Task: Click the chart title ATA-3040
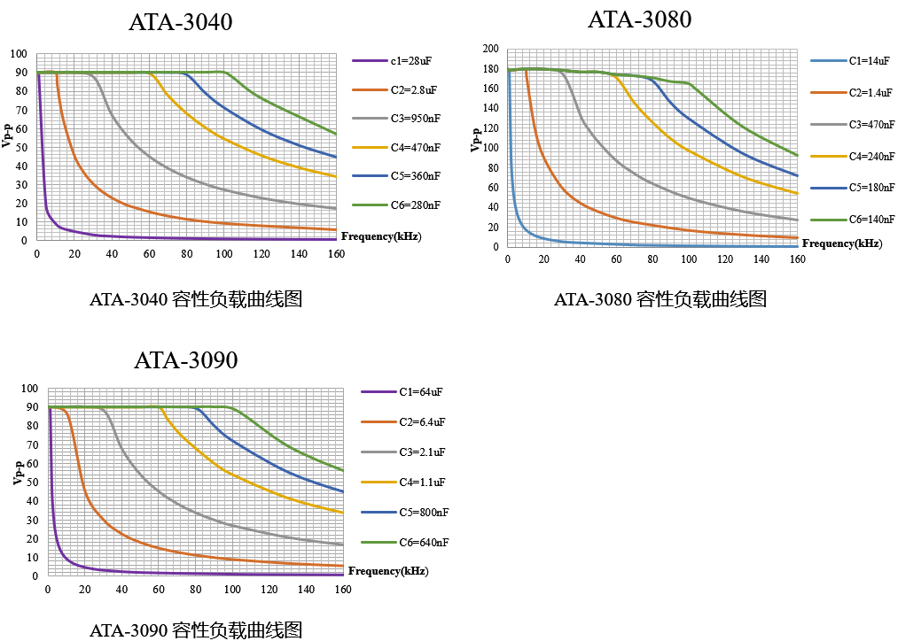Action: (x=180, y=23)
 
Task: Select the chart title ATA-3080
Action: (x=639, y=19)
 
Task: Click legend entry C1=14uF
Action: (x=869, y=61)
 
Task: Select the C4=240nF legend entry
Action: (x=872, y=156)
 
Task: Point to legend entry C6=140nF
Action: (x=872, y=219)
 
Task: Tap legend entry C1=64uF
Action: (x=421, y=391)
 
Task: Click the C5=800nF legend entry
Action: (x=423, y=512)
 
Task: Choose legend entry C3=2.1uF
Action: (x=422, y=452)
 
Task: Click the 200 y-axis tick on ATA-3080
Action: (x=490, y=49)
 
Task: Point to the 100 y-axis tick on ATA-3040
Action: (x=19, y=54)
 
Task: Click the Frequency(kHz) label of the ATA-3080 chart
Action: (x=842, y=243)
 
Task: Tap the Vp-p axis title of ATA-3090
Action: (x=18, y=473)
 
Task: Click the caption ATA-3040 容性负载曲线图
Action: (x=196, y=299)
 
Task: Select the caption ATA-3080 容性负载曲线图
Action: (x=660, y=299)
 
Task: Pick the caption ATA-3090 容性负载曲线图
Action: (x=196, y=630)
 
